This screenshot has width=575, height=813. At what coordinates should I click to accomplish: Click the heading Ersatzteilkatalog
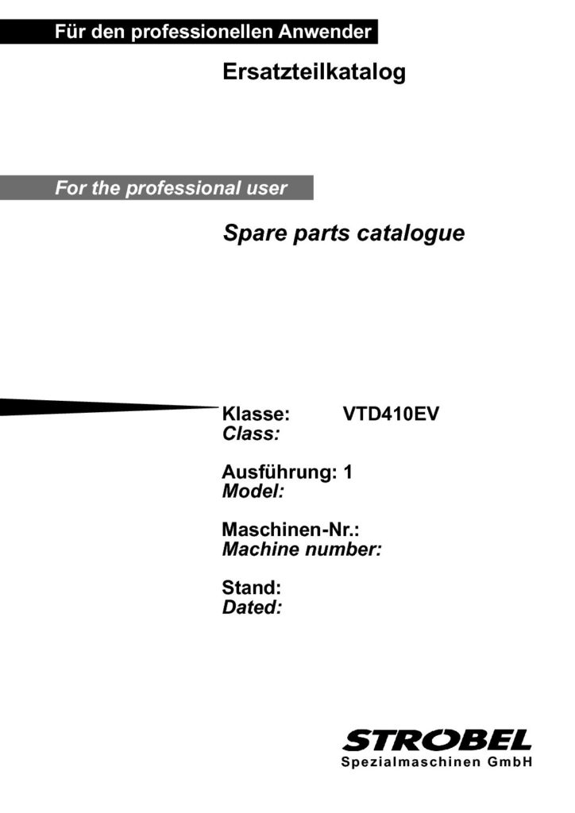pos(314,72)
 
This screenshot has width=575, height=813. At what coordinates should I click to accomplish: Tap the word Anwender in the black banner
pos(325,32)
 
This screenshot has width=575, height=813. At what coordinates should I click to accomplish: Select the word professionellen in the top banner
pos(202,32)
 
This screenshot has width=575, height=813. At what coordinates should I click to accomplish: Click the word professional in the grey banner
pos(183,188)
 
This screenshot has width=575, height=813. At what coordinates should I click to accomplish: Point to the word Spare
pos(256,234)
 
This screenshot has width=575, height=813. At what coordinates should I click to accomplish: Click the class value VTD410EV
pos(391,414)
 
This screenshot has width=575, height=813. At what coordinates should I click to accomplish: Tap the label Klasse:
pos(256,414)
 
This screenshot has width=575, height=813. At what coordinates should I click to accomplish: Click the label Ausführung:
pos(280,472)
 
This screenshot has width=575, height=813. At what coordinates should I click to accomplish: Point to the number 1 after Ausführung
pos(348,472)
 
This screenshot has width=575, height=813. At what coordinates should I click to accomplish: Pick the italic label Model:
pos(253,491)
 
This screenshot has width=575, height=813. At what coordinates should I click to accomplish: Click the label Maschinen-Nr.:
pos(291,530)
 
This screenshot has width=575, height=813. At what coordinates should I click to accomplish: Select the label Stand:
pos(252,588)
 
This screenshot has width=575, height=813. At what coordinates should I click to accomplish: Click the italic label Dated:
pos(252,607)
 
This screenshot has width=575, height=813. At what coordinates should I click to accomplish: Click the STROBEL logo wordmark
pos(437,740)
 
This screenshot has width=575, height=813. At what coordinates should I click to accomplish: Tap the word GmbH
pos(510,762)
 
